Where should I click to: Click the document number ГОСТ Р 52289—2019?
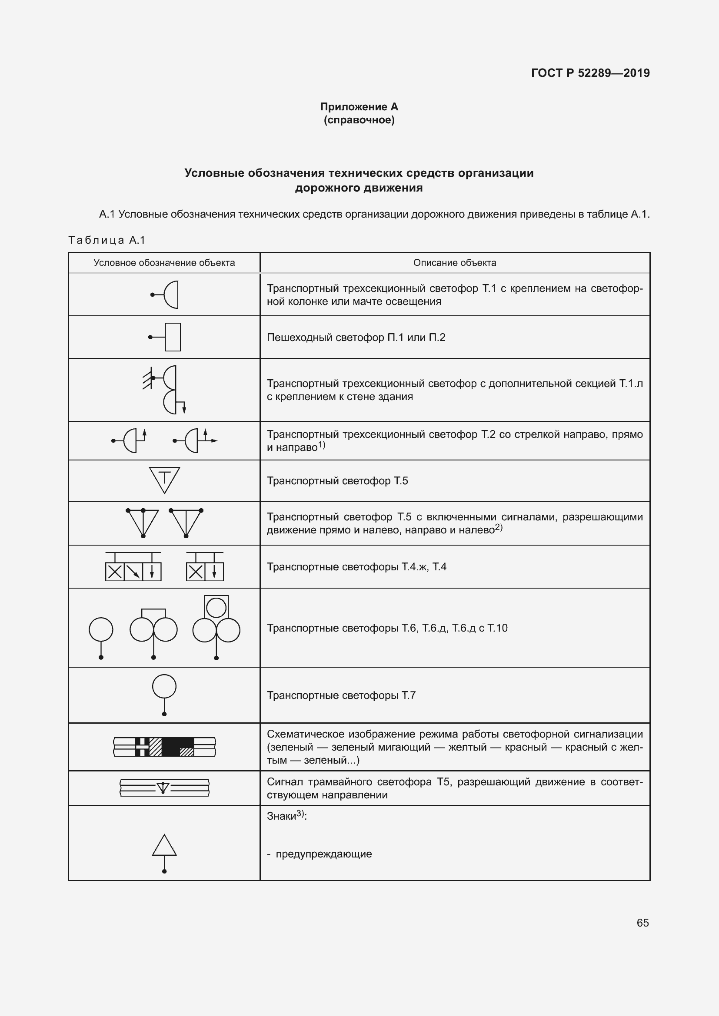click(x=590, y=73)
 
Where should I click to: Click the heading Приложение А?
click(x=359, y=107)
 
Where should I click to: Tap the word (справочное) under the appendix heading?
click(x=359, y=120)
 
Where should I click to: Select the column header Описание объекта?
click(x=454, y=262)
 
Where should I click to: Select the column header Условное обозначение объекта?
click(x=164, y=262)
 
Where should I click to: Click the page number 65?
click(x=642, y=923)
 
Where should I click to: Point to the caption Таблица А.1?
click(x=107, y=240)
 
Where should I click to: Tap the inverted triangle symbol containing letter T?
click(x=164, y=480)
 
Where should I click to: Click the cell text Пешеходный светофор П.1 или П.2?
click(x=356, y=337)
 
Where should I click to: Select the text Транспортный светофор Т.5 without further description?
click(x=337, y=480)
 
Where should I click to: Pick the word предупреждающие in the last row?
click(x=324, y=854)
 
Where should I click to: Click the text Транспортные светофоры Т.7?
click(x=341, y=695)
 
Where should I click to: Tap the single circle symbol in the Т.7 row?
click(x=164, y=687)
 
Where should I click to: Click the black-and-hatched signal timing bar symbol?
click(x=164, y=747)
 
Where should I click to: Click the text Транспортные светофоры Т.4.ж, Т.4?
click(x=356, y=566)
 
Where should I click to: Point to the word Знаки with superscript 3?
click(x=286, y=816)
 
